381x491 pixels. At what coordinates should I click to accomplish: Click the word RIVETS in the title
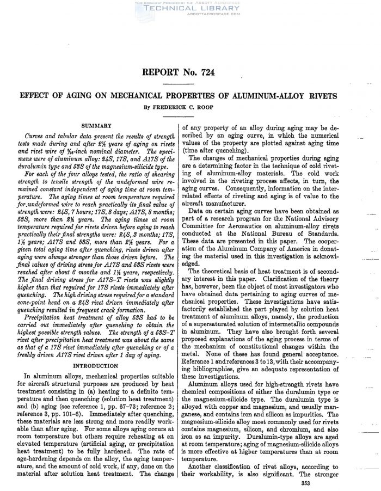[322, 96]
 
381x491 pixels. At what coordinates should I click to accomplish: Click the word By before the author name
[143, 107]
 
